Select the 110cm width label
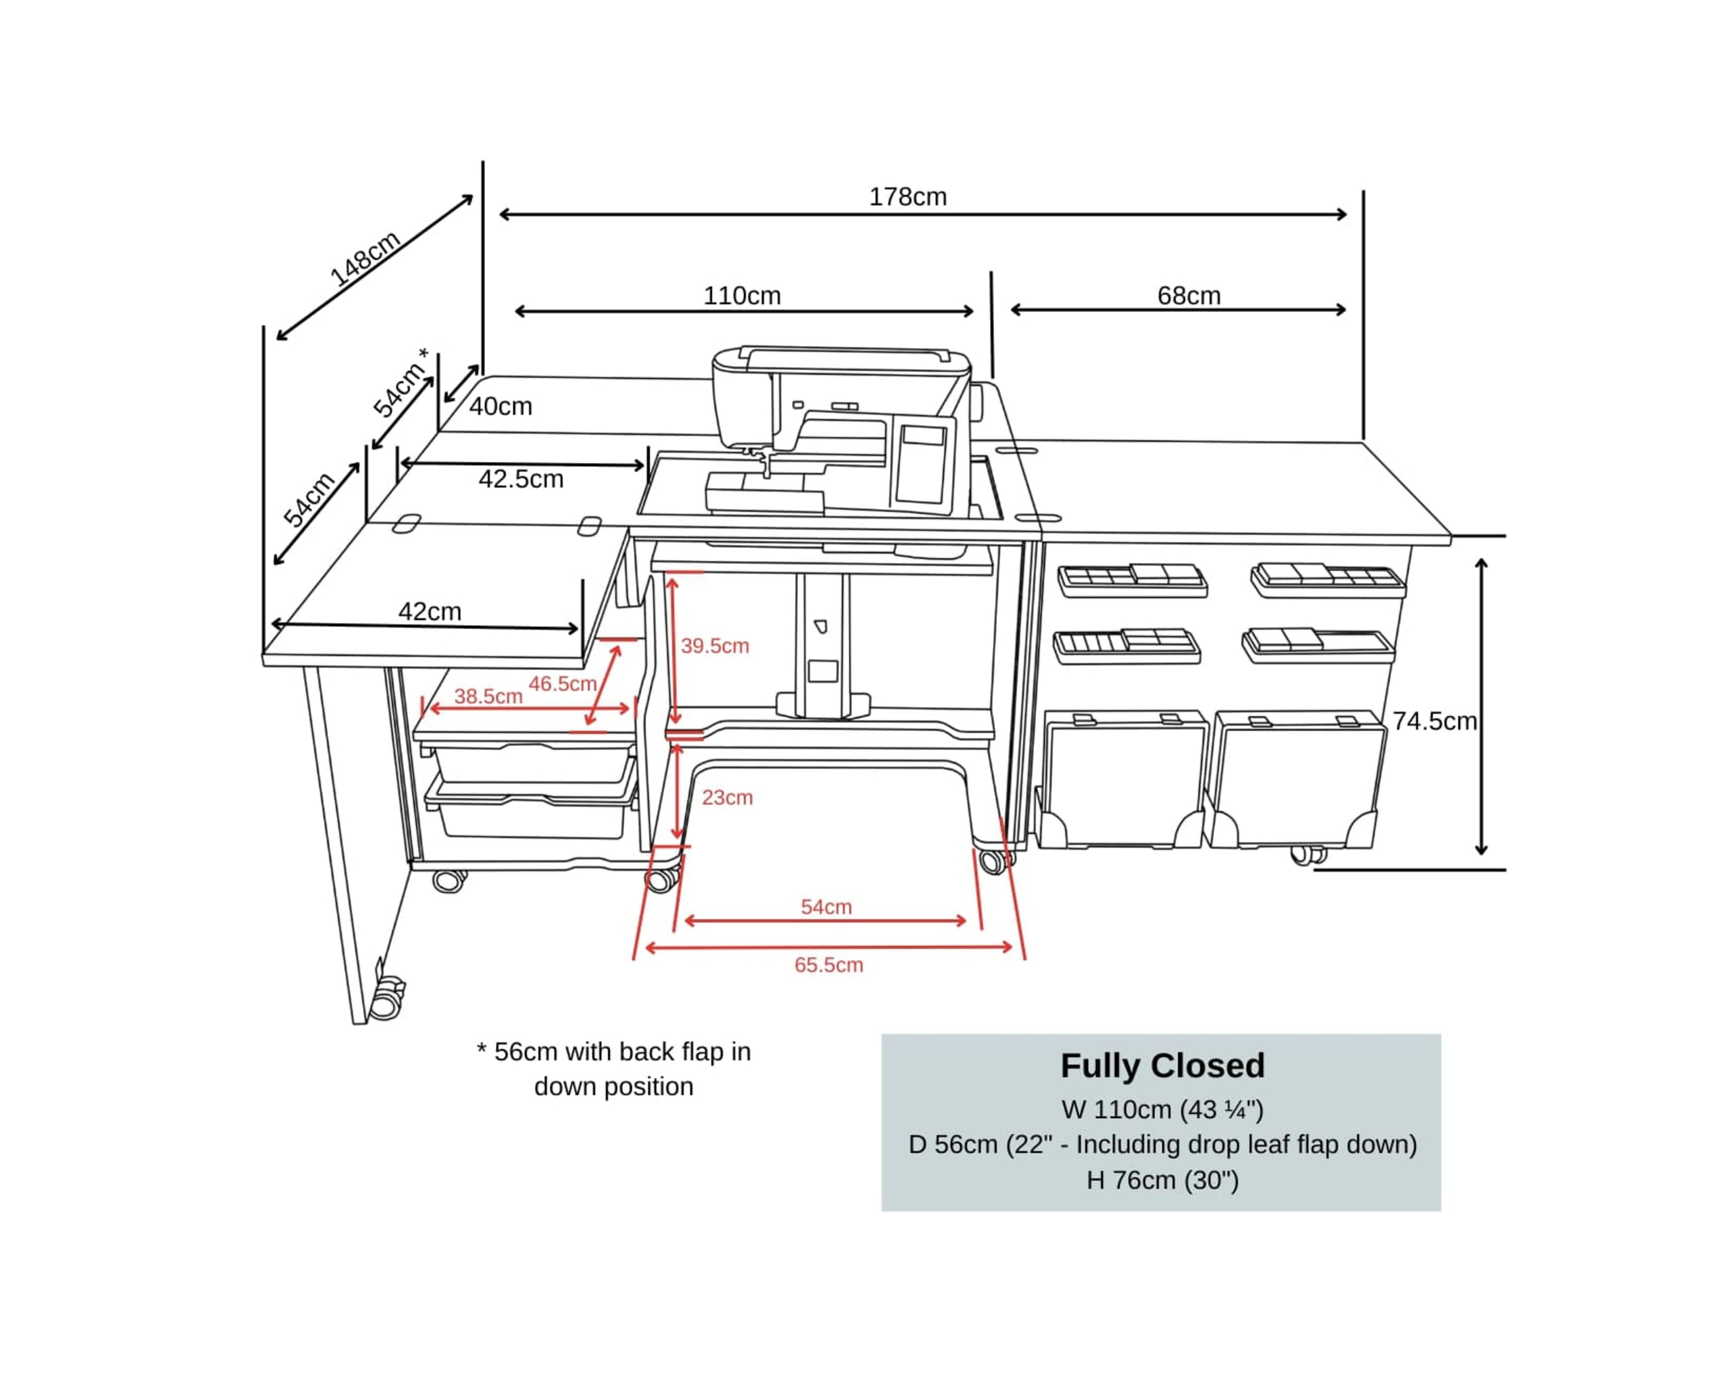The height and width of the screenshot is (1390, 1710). coord(742,295)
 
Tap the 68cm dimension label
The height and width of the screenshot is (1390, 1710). coord(1188,295)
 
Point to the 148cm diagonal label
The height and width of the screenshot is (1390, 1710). coord(364,258)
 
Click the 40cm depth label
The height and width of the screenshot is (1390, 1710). coord(501,406)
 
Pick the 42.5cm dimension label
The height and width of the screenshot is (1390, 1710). coord(520,479)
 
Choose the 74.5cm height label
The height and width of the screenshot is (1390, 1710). coord(1434,721)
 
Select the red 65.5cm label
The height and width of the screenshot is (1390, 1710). coord(828,965)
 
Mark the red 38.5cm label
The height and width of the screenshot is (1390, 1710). coord(488,696)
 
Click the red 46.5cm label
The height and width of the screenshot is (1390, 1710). coord(562,684)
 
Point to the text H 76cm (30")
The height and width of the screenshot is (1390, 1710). coord(1162,1180)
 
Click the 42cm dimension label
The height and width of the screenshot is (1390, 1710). coord(429,611)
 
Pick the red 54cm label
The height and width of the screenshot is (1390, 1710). coord(826,907)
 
